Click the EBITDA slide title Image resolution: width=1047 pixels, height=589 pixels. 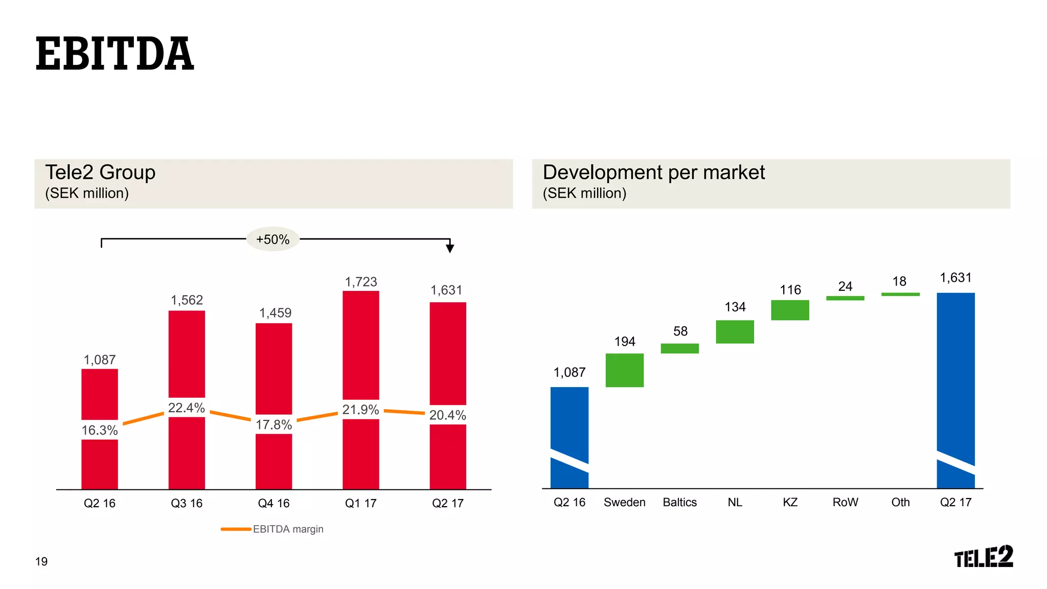[x=115, y=54]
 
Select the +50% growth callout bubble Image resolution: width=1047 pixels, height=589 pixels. [x=272, y=239]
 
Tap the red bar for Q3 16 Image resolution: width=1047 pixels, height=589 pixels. [x=187, y=353]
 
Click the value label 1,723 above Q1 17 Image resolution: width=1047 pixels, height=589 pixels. [x=360, y=282]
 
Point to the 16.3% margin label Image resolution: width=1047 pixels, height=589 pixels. [x=100, y=430]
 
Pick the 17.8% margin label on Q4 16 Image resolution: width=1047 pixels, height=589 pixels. [x=274, y=424]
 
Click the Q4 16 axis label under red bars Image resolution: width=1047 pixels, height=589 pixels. [x=274, y=503]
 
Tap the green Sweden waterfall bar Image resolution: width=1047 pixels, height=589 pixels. [x=624, y=370]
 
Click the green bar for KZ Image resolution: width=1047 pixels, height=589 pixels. [x=790, y=310]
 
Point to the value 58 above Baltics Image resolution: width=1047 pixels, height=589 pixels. [x=680, y=331]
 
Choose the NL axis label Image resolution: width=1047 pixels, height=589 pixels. [x=735, y=502]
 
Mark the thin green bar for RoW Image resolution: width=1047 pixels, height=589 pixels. [x=845, y=298]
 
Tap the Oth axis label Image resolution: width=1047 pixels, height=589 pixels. [x=900, y=502]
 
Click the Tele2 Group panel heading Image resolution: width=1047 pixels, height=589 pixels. [x=100, y=173]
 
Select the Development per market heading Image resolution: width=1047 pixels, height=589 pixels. [x=653, y=173]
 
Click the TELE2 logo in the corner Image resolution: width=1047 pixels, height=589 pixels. [x=983, y=556]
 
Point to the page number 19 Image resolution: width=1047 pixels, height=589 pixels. [x=41, y=561]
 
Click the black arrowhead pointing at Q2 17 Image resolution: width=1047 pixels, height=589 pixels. [x=450, y=248]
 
